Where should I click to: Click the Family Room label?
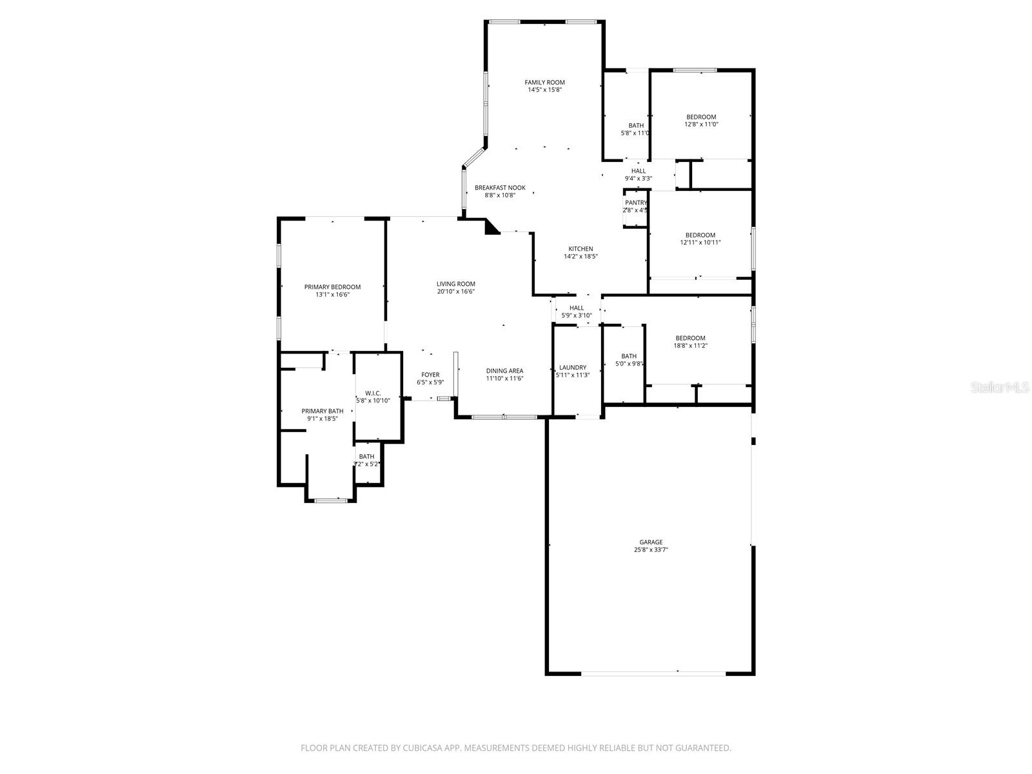point(544,83)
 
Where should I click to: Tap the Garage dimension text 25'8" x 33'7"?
point(651,550)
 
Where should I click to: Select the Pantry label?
point(635,203)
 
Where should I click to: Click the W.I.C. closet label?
point(373,393)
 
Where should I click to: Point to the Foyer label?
point(430,375)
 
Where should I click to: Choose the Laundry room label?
point(573,368)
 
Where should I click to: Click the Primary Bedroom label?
point(332,287)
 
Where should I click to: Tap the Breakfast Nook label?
point(500,188)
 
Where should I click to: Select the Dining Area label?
point(504,371)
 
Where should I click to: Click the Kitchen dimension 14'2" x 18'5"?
point(580,257)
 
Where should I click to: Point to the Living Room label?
point(455,284)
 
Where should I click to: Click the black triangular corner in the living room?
point(491,227)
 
